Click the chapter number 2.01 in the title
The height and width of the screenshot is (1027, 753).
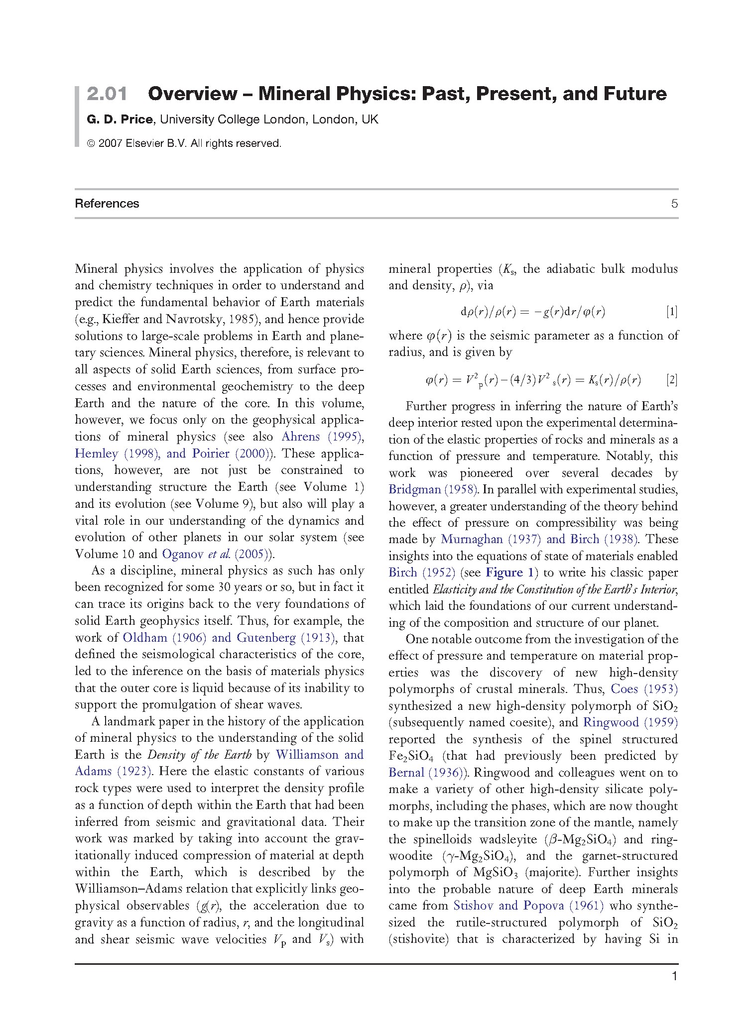(107, 94)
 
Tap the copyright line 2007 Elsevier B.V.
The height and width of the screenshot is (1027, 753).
(184, 143)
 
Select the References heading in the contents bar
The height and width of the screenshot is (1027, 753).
(107, 204)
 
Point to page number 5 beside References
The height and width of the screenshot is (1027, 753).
(674, 204)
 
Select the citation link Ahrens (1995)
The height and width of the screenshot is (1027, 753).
(322, 437)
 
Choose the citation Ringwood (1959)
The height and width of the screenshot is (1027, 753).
(630, 722)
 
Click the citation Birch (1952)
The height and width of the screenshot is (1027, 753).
(421, 572)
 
